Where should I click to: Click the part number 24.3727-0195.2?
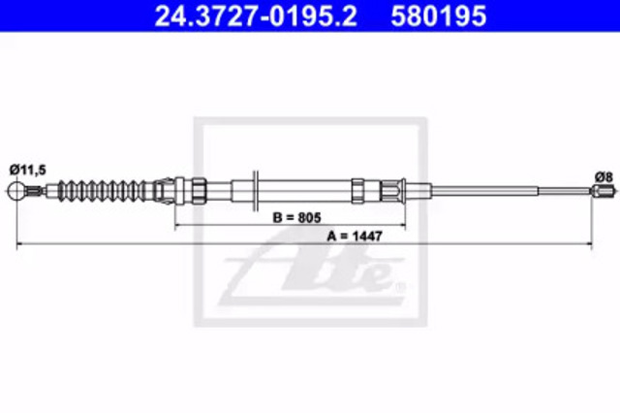pos(256,16)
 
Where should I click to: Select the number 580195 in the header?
pos(439,16)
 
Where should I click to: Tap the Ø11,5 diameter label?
pos(28,170)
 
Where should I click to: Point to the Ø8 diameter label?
pos(604,176)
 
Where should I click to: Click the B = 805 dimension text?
pos(297,217)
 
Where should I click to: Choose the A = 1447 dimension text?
pos(355,237)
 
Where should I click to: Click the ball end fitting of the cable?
pos(16,191)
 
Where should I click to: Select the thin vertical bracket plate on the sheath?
pos(256,191)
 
